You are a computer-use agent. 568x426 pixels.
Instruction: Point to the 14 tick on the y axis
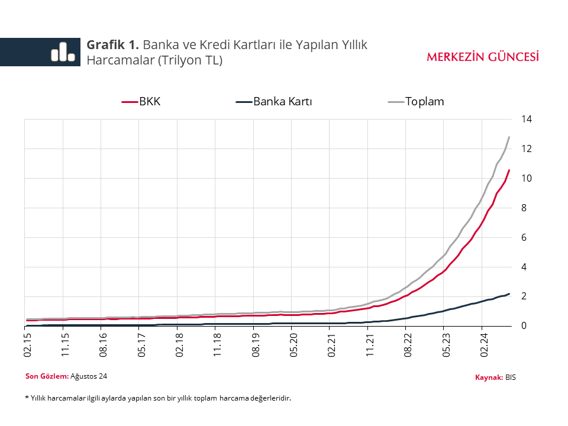[x=527, y=119]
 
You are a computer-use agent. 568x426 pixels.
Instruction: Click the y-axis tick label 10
[x=527, y=178]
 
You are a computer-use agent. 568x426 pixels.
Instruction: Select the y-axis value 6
[x=524, y=237]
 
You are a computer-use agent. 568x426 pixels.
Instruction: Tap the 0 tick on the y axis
[x=524, y=326]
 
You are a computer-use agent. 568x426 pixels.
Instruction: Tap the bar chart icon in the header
[x=63, y=51]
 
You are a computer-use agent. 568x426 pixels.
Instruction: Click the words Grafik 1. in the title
[x=113, y=44]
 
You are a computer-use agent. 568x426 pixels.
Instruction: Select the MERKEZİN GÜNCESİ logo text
[x=483, y=57]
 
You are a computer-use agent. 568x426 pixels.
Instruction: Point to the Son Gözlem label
[x=47, y=376]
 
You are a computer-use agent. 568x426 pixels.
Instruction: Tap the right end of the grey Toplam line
[x=509, y=137]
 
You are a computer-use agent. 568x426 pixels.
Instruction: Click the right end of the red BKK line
[x=509, y=170]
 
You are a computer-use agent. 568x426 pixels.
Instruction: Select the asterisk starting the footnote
[x=27, y=398]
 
